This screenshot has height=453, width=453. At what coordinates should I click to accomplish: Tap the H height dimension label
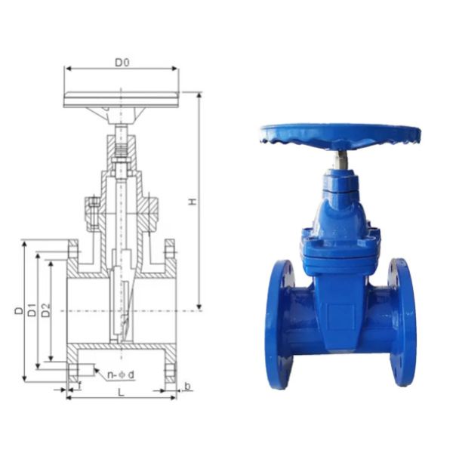(193, 202)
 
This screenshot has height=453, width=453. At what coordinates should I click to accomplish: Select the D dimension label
(18, 310)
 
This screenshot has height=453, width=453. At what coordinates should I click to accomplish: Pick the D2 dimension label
(46, 310)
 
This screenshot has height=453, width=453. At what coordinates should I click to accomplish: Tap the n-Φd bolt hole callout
(120, 374)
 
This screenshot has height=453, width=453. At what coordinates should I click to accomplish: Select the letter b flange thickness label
(187, 387)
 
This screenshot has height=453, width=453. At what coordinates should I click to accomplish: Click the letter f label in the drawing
(79, 386)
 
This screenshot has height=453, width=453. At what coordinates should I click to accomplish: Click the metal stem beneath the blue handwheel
(342, 160)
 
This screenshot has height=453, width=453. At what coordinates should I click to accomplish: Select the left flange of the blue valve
(279, 323)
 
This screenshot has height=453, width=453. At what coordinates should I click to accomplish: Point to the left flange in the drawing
(72, 310)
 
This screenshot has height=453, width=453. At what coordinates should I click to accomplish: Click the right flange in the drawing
(170, 310)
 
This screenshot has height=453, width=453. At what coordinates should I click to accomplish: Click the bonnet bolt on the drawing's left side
(93, 214)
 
